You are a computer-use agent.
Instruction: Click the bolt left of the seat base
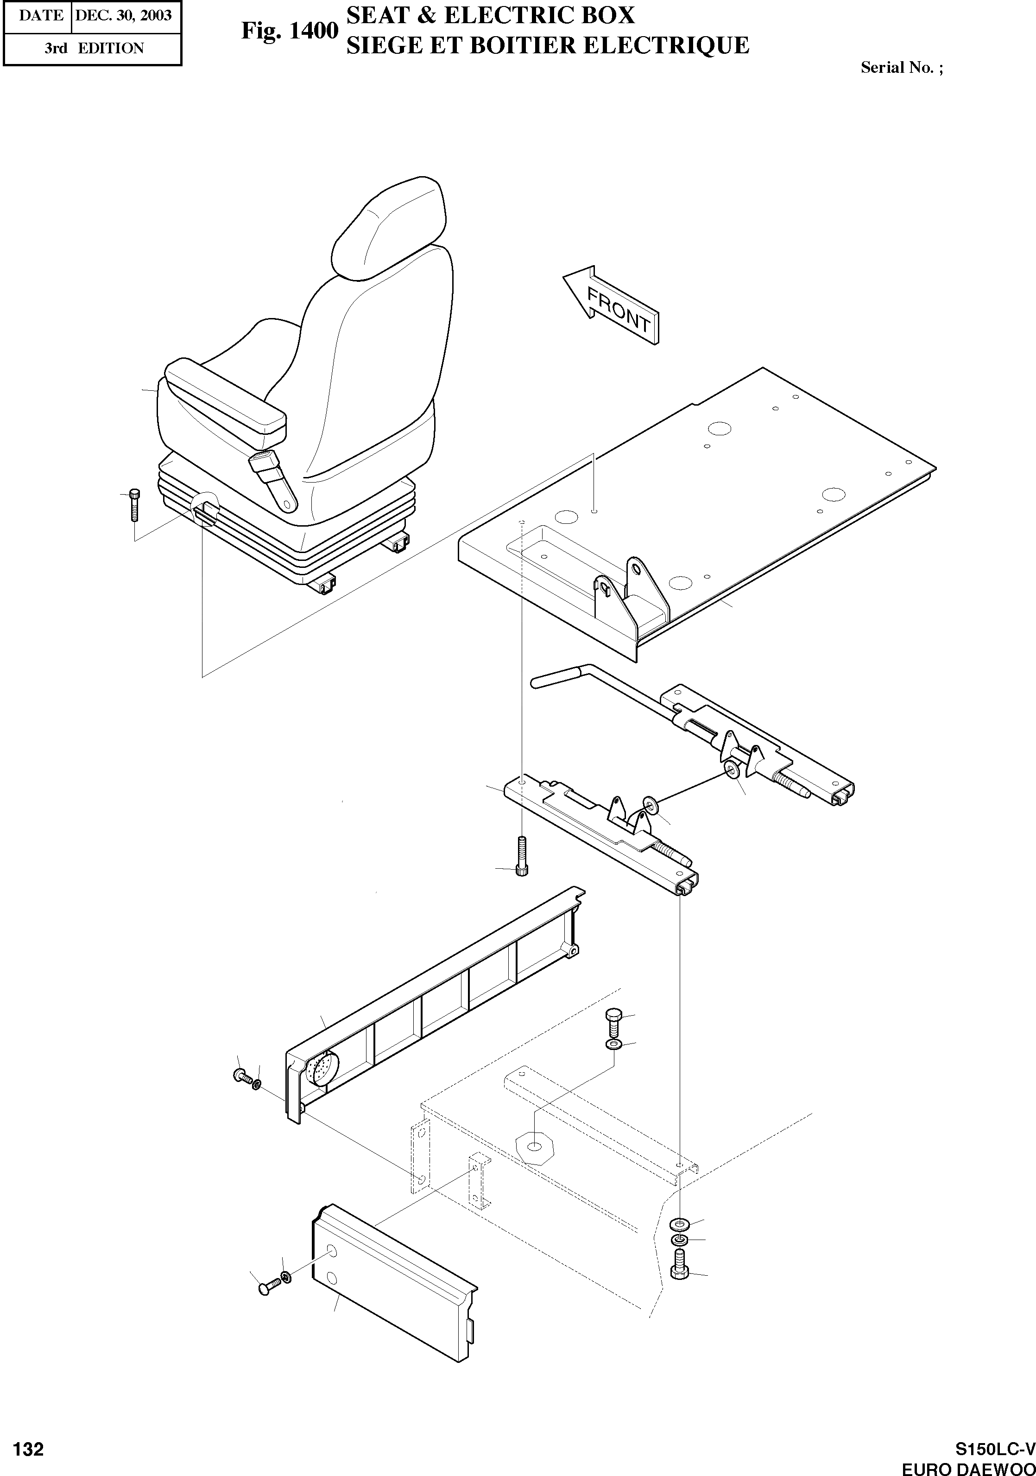pyautogui.click(x=134, y=505)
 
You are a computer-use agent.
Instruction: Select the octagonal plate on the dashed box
pyautogui.click(x=535, y=1147)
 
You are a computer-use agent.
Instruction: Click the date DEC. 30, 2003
pyautogui.click(x=123, y=15)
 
